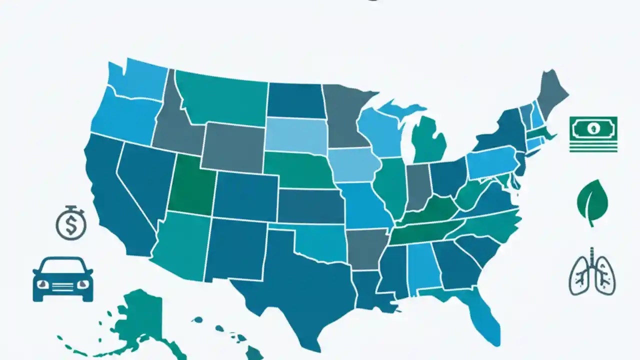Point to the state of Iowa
coord(352,165)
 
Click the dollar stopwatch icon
coord(71,223)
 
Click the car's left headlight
coord(43,283)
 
